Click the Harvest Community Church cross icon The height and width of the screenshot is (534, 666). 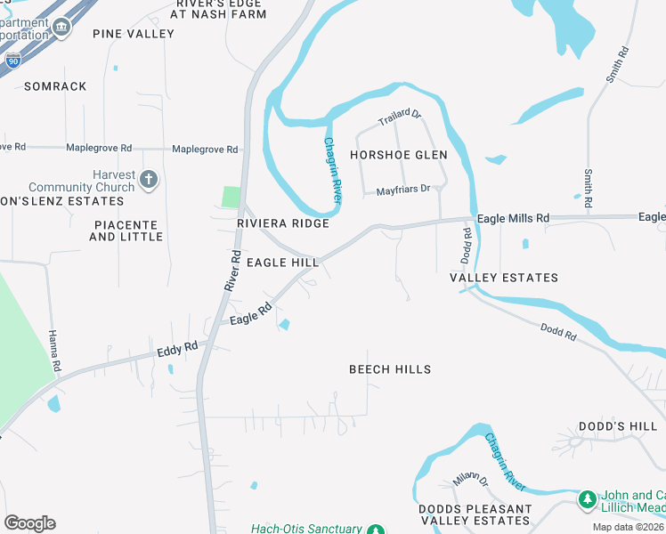[x=148, y=180]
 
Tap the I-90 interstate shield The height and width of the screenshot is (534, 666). [x=12, y=60]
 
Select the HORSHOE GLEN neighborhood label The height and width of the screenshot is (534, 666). [x=398, y=155]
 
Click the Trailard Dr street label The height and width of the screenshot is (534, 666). [x=399, y=117]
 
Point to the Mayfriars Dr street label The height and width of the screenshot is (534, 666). [x=402, y=190]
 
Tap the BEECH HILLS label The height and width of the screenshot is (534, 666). [x=390, y=369]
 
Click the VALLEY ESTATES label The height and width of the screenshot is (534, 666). [x=504, y=278]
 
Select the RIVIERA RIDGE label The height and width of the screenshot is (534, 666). [x=283, y=224]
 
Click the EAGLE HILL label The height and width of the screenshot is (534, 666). [x=282, y=263]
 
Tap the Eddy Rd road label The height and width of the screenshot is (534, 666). [x=175, y=350]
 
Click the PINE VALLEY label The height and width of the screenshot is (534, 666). [x=134, y=34]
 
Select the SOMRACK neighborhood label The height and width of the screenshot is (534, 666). [x=55, y=86]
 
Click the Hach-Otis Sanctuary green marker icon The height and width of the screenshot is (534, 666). [x=376, y=529]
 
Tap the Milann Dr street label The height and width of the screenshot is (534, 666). [x=470, y=480]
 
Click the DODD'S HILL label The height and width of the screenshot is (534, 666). [x=618, y=427]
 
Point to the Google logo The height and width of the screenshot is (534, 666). [x=30, y=523]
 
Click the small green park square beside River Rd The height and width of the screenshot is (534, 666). [x=231, y=197]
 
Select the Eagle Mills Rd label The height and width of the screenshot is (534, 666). [x=513, y=218]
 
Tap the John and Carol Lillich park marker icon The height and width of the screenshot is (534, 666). [x=587, y=501]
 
